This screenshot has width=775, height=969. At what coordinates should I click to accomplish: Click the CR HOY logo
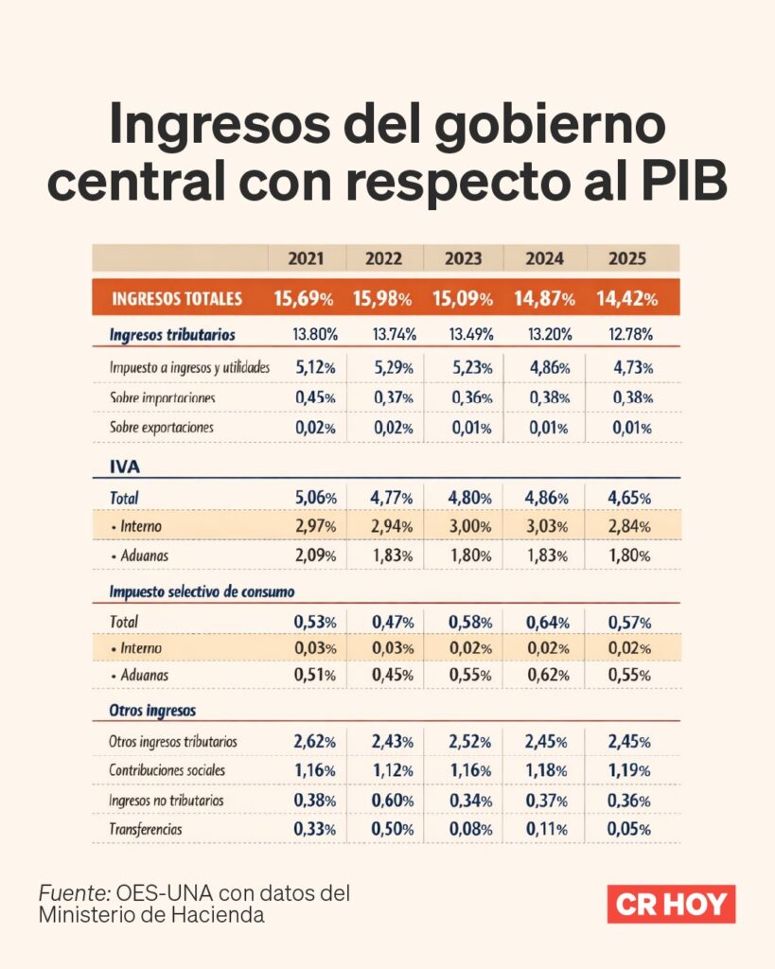click(x=671, y=904)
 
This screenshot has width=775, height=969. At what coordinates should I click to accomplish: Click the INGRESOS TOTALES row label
click(x=177, y=299)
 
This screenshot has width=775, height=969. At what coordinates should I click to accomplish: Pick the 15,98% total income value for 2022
click(x=382, y=299)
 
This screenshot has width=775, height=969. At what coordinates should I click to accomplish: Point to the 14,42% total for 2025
click(x=626, y=299)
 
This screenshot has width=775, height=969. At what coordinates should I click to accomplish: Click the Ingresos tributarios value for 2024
click(x=543, y=334)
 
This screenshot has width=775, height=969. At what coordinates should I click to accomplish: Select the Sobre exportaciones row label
click(x=162, y=427)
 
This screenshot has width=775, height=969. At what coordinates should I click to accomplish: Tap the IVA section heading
click(x=124, y=466)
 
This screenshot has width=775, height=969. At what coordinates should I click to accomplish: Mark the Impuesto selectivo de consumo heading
click(x=202, y=591)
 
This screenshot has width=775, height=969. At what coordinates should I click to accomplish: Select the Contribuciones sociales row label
click(x=167, y=770)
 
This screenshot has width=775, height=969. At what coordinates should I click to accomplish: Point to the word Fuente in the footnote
click(x=73, y=892)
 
